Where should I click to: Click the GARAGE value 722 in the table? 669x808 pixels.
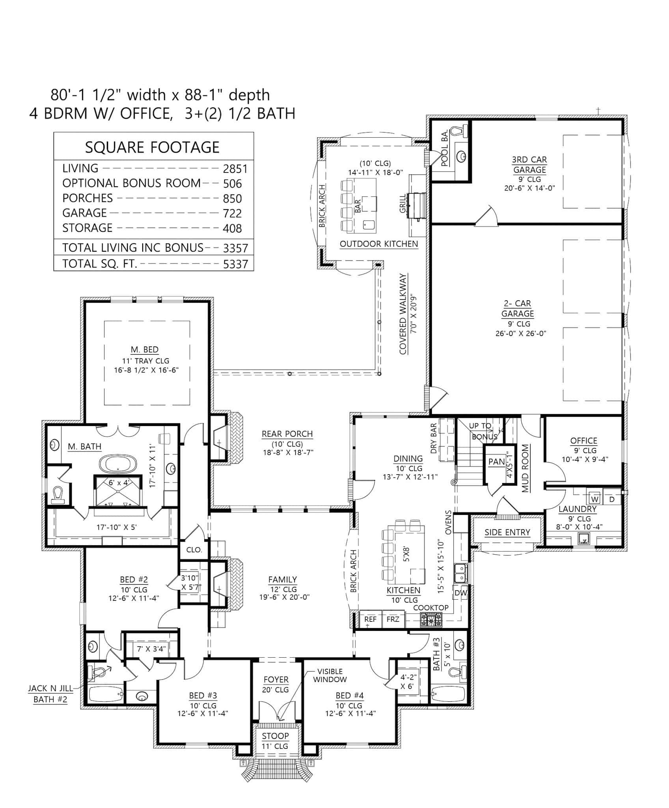pos(232,213)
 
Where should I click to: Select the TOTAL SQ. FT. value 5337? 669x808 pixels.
pos(235,264)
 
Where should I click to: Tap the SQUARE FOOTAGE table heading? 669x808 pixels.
pos(152,147)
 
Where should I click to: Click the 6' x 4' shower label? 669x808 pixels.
pos(117,483)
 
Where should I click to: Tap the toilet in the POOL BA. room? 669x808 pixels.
pos(458,131)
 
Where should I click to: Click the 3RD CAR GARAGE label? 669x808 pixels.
pos(529,165)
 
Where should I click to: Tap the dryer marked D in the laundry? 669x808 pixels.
pos(612,499)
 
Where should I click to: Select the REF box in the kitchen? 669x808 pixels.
pos(370,619)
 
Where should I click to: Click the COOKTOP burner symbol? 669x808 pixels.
pos(431,621)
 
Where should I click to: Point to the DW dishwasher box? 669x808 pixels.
pos(461,593)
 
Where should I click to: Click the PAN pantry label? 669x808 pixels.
pos(496,461)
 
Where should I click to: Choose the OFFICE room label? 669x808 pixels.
pos(583,441)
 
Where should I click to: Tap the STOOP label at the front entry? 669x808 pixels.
pos(275,736)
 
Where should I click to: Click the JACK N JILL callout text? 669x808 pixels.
pos(50,688)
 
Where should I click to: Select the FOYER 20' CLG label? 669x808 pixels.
pos(276,685)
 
